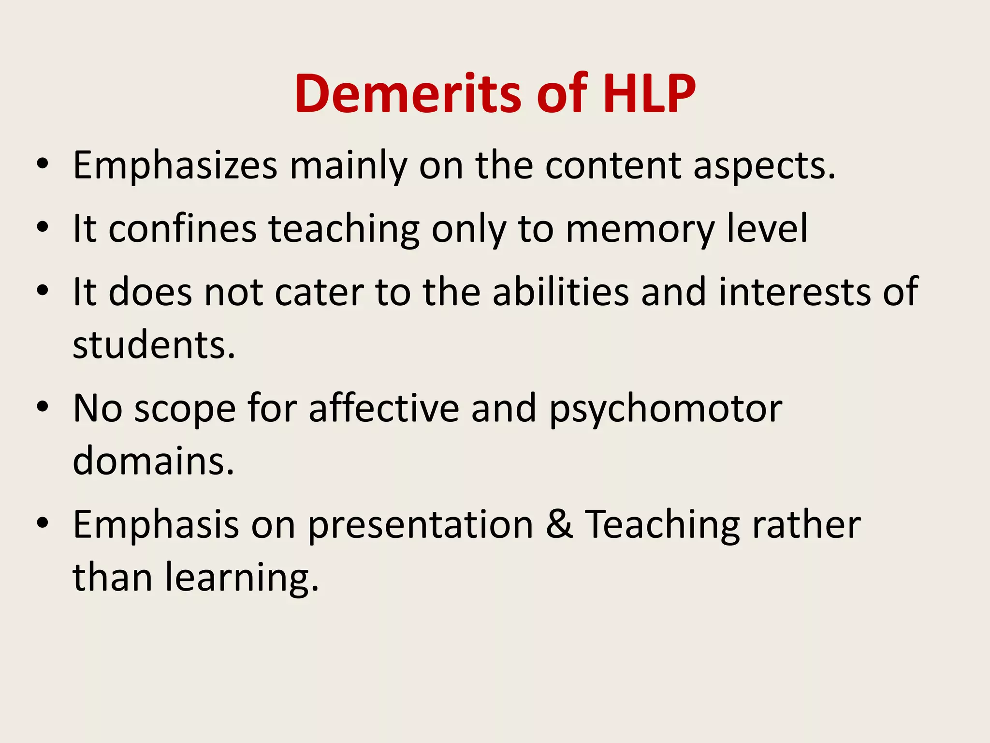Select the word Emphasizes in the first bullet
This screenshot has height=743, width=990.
coord(175,166)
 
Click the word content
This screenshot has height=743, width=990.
coord(613,166)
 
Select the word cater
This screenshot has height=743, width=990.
coord(320,292)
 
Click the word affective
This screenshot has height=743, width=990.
coord(384,408)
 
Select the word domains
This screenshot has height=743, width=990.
coord(153,461)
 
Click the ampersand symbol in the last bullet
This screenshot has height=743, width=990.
coord(559,525)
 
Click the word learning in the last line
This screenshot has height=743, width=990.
coord(242,579)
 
